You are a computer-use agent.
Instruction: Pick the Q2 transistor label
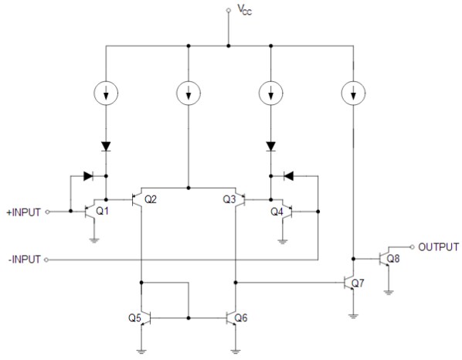[x=151, y=199]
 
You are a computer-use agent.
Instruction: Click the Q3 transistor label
[x=229, y=199]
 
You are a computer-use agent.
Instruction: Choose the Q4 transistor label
[x=277, y=211]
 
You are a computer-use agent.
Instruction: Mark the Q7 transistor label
[x=358, y=284]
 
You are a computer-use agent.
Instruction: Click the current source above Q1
[x=106, y=94]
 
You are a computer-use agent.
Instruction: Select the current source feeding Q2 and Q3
[x=189, y=94]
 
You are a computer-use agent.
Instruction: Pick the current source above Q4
[x=271, y=94]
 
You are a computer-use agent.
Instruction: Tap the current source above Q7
[x=353, y=94]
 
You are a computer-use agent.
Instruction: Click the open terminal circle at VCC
[x=228, y=10]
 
